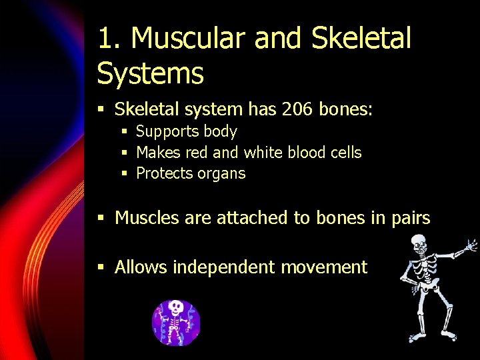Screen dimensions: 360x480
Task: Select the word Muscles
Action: point(145,218)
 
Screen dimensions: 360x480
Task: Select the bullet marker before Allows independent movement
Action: point(101,268)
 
